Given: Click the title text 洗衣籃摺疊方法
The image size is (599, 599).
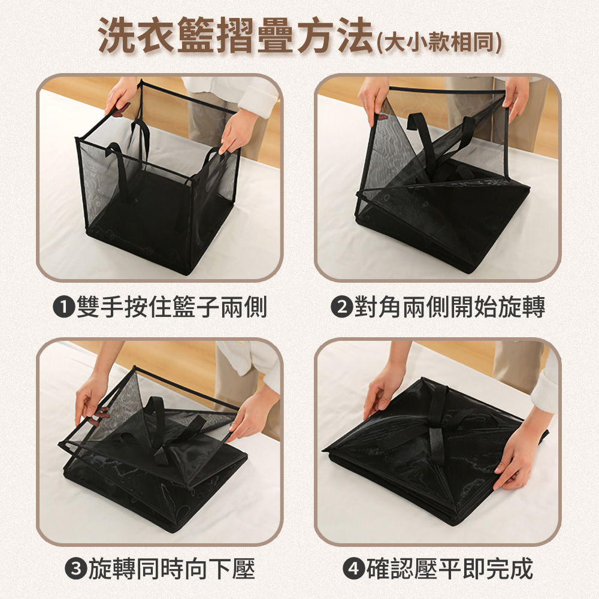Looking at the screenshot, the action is [235, 35].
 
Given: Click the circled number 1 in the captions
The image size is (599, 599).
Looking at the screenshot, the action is [63, 307].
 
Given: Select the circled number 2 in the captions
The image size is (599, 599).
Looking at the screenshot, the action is [341, 307].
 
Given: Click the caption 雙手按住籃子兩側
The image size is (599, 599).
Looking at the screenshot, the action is [171, 307].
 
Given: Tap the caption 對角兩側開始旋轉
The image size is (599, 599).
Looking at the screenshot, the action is [450, 307].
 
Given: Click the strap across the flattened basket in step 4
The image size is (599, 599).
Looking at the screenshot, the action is [437, 424].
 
